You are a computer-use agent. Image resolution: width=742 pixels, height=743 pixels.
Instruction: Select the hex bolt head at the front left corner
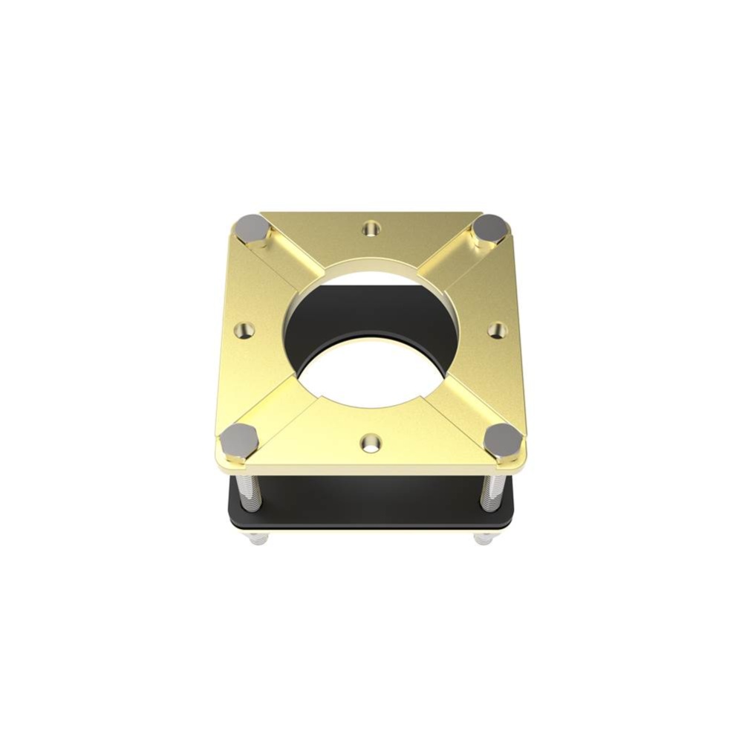point(238,439)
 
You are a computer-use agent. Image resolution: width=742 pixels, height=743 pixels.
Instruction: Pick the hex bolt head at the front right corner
point(502,439)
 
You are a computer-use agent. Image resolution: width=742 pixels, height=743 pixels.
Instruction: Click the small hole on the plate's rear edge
point(370,229)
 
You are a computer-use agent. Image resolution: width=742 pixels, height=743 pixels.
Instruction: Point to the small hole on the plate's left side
point(245,328)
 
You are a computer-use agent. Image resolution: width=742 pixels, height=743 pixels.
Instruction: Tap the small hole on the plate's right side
point(498,329)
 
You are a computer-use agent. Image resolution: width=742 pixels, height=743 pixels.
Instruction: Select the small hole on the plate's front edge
point(370,444)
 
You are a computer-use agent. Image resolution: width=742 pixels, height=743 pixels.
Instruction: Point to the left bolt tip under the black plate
point(258,539)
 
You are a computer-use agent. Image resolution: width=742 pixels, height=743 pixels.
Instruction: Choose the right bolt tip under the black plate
point(483,538)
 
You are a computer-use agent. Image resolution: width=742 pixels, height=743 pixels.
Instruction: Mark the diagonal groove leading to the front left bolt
point(282,405)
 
